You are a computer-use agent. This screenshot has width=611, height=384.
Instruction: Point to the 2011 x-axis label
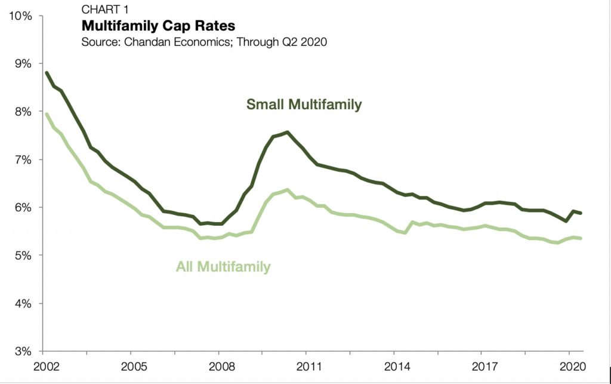(x=306, y=365)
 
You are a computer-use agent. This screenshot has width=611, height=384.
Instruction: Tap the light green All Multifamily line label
(x=223, y=266)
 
